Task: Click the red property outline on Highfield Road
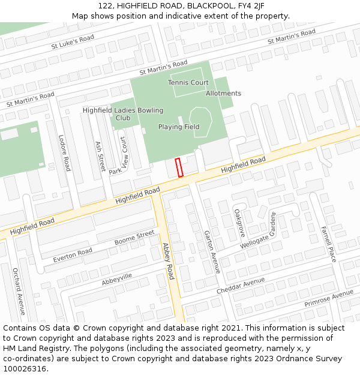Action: pyautogui.click(x=179, y=167)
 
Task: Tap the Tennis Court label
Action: pyautogui.click(x=188, y=83)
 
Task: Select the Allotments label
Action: pyautogui.click(x=223, y=94)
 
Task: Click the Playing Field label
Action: pyautogui.click(x=179, y=127)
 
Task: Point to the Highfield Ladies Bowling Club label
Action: pyautogui.click(x=123, y=114)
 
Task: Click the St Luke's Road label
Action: pyautogui.click(x=73, y=41)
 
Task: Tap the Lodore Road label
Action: pyautogui.click(x=64, y=152)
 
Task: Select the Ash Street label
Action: pyautogui.click(x=100, y=156)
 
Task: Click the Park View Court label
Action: pyautogui.click(x=118, y=155)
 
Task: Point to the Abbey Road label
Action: pyautogui.click(x=168, y=262)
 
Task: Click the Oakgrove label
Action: pyautogui.click(x=239, y=223)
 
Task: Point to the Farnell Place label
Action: pyautogui.click(x=329, y=244)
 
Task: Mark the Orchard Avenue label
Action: pyautogui.click(x=19, y=291)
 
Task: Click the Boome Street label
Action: pyautogui.click(x=134, y=238)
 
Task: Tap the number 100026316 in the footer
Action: pyautogui.click(x=25, y=368)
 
